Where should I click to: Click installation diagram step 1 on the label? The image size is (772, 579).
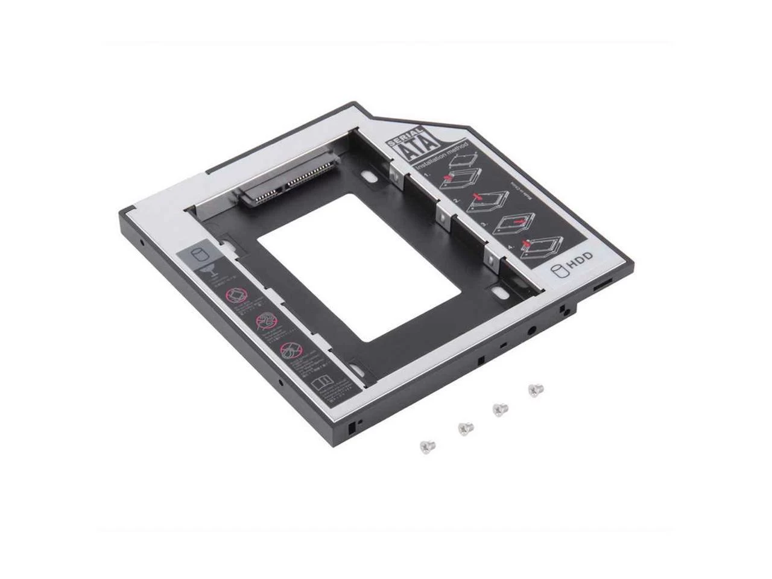(x=460, y=174)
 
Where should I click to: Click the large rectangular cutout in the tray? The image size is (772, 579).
(x=362, y=265)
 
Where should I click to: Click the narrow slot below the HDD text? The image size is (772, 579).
(x=604, y=285)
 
